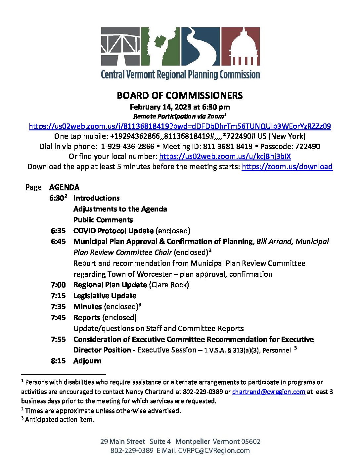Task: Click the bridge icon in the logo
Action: coord(120,46)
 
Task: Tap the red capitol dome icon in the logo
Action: coord(241,46)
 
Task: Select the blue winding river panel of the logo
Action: coord(200,46)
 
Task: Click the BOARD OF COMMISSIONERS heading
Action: coord(180,96)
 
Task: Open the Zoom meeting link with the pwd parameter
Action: coord(180,126)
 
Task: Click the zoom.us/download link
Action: coord(287,166)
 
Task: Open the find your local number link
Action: coord(225,156)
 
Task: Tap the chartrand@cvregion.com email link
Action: coord(268,392)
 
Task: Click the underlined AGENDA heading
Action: coord(64,187)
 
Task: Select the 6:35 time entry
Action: coord(58,231)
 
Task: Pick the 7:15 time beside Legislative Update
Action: coord(58,296)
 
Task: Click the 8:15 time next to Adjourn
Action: coord(58,361)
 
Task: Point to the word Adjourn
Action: coord(87,361)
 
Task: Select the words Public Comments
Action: coord(103,220)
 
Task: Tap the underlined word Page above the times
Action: coord(33,187)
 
